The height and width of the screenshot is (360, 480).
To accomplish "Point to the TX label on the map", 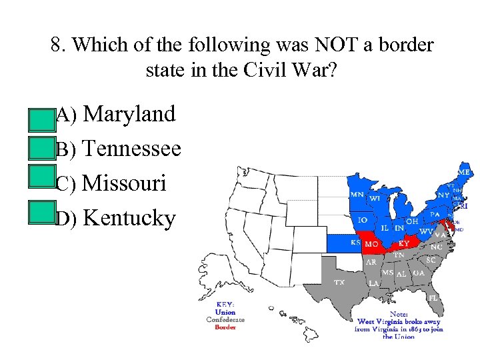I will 339,282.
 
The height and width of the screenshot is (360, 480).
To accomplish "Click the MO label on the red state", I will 371,244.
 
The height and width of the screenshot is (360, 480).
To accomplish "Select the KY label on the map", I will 404,244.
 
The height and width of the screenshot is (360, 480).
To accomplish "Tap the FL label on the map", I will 433,297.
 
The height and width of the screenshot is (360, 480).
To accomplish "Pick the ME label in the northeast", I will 465,172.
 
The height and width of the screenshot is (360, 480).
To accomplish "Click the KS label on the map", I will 355,242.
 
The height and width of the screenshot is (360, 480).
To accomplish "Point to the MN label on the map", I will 357,195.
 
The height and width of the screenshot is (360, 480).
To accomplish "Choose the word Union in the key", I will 225,312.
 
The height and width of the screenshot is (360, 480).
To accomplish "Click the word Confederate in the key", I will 225,320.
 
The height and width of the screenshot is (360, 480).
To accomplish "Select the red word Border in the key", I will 225,327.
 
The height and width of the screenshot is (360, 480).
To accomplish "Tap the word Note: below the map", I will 399,313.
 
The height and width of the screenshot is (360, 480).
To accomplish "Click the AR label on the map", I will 371,262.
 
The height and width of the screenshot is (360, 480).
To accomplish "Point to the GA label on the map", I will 418,273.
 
